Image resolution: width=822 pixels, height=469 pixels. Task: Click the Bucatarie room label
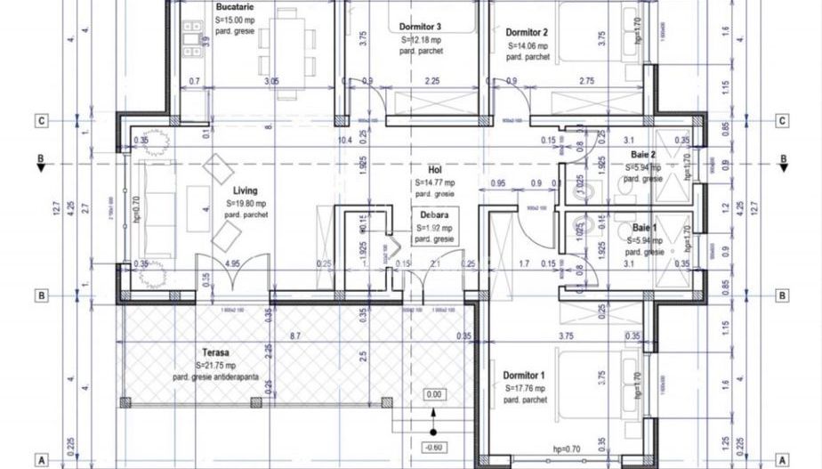click(x=232, y=7)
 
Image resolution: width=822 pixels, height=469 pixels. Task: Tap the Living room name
click(x=245, y=190)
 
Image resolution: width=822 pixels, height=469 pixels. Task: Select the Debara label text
click(x=435, y=214)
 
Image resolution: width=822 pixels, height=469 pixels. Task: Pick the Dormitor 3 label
click(x=421, y=27)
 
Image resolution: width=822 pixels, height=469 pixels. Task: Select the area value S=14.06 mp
click(x=528, y=45)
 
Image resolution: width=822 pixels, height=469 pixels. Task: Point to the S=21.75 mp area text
click(x=216, y=365)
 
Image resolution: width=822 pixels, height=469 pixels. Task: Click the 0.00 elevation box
click(x=434, y=394)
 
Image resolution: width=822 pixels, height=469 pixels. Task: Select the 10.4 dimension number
click(x=346, y=140)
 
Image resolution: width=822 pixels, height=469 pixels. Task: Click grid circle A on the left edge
click(x=40, y=460)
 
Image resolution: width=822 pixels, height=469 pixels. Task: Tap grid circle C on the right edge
click(x=782, y=121)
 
